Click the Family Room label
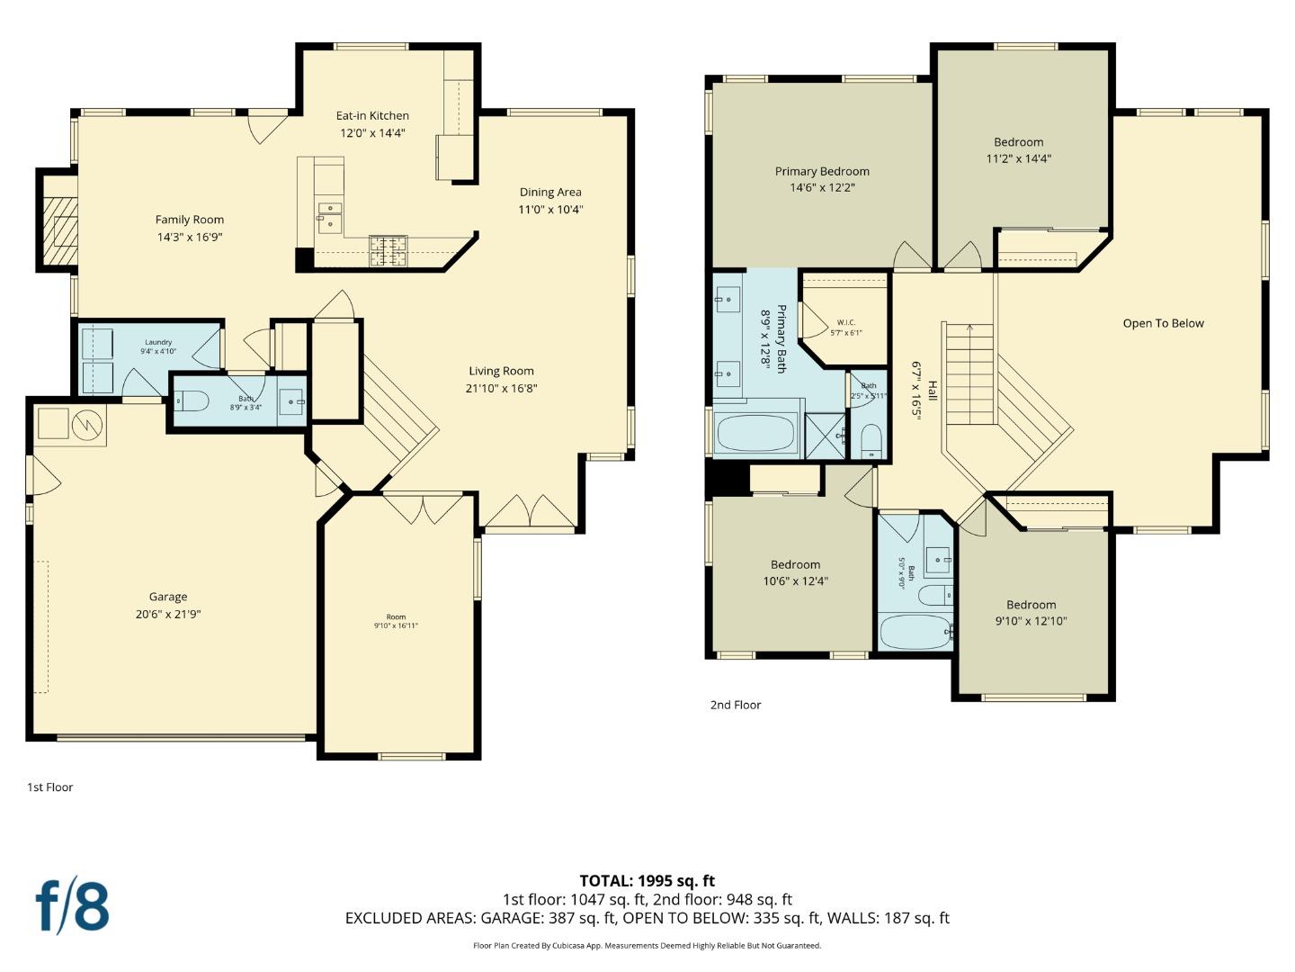tap(189, 220)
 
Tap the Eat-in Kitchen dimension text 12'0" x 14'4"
tap(372, 132)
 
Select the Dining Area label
tap(549, 192)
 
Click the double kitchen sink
tap(329, 215)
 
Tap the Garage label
tap(168, 597)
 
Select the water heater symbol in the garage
tap(88, 422)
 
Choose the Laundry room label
tap(158, 342)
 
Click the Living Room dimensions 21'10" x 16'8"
tap(501, 388)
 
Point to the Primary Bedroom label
tap(822, 171)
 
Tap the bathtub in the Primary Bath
tap(755, 435)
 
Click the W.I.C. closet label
tap(845, 322)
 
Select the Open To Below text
tap(1163, 323)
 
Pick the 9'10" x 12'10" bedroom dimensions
tap(1031, 621)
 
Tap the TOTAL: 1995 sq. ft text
tap(647, 881)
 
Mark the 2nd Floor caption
tap(736, 705)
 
